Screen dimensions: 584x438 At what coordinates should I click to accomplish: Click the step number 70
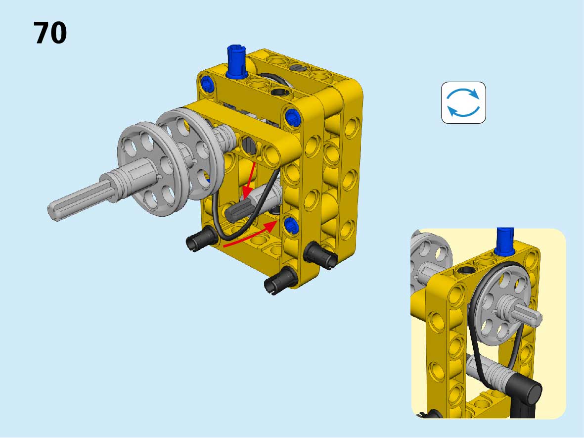click(50, 33)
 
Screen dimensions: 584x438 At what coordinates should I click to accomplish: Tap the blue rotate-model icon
click(463, 102)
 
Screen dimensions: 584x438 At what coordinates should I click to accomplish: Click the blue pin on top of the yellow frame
click(236, 61)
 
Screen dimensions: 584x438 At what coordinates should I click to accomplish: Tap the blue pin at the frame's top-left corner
click(207, 84)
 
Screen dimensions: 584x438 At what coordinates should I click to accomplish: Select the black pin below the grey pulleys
click(201, 238)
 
